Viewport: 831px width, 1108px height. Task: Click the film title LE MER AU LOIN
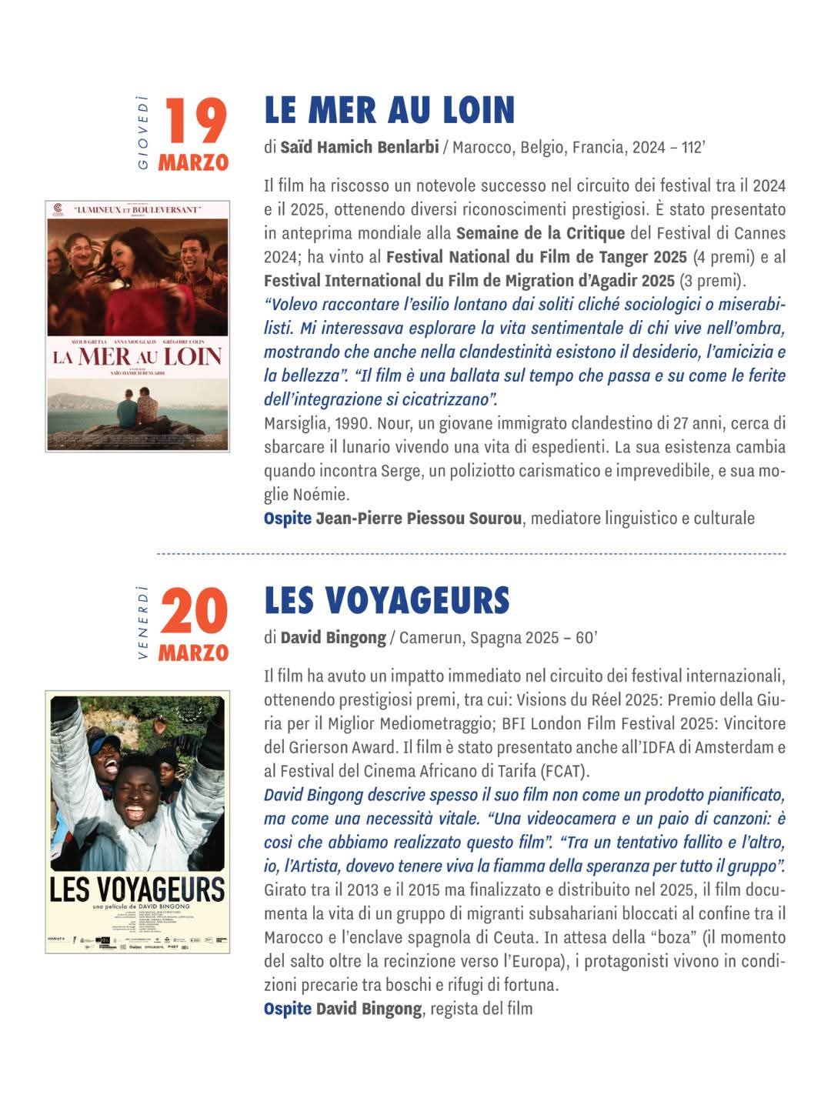(389, 110)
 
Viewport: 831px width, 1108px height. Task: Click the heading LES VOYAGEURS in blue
(386, 601)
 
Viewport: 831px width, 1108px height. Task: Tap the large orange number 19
(196, 121)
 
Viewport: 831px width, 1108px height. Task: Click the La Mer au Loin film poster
(138, 325)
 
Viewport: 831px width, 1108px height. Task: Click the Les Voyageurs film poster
(138, 822)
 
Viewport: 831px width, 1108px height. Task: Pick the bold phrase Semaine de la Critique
(540, 232)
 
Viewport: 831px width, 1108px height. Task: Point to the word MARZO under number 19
(194, 163)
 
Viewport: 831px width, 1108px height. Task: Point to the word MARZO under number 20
(194, 653)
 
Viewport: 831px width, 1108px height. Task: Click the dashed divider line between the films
(471, 553)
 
